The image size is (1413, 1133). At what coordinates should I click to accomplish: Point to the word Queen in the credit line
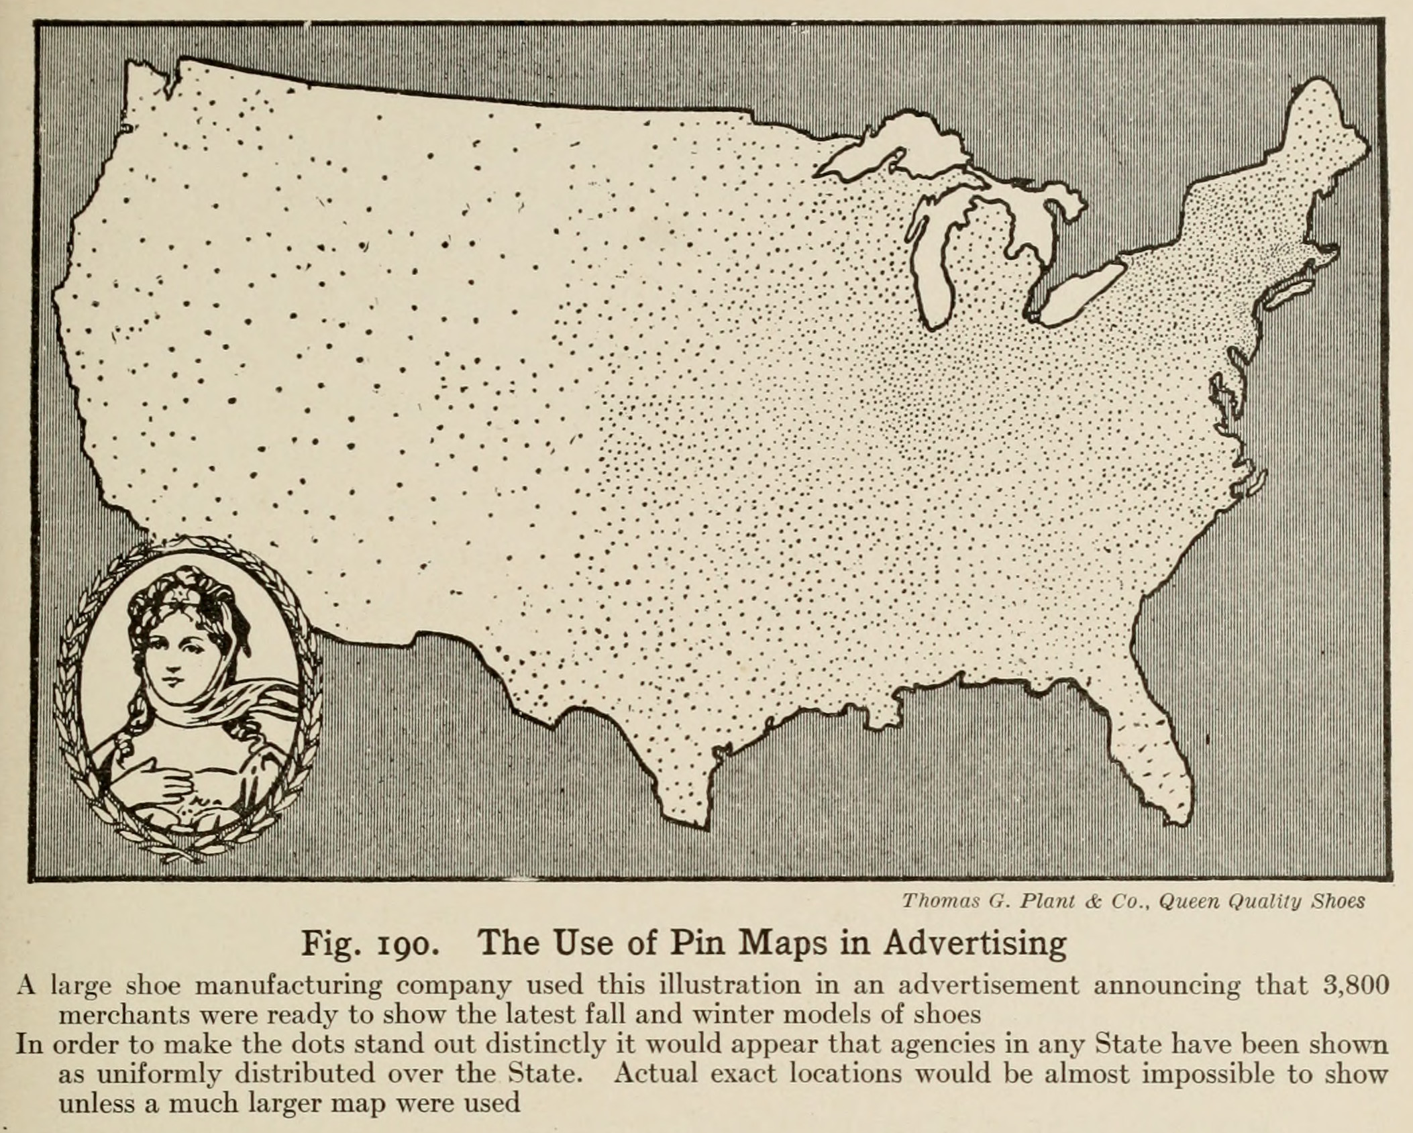1186,901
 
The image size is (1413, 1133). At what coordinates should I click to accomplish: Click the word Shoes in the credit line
1339,901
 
